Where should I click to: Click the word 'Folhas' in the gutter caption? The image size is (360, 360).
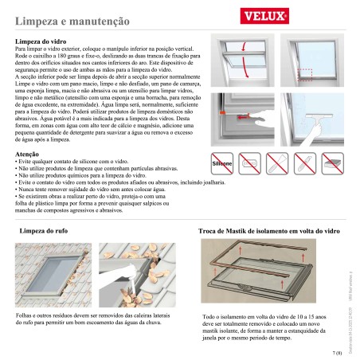[25, 315]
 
